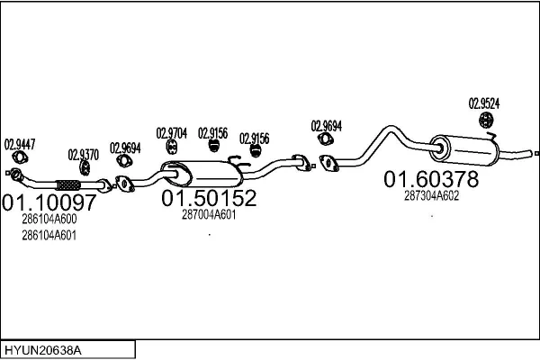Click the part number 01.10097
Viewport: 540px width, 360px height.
click(x=49, y=202)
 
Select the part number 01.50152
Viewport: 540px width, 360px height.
click(x=209, y=198)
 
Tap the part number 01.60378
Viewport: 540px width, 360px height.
click(x=431, y=179)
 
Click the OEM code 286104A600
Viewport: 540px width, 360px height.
click(x=49, y=219)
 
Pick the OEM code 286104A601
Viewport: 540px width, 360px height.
click(x=49, y=236)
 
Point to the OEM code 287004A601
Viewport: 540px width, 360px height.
click(x=209, y=214)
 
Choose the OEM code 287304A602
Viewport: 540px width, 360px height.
click(x=431, y=196)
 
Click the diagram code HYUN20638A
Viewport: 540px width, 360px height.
click(x=43, y=351)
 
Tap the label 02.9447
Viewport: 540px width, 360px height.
click(x=20, y=144)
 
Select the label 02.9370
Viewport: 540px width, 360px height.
click(x=84, y=155)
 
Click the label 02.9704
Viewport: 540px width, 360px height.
click(x=172, y=133)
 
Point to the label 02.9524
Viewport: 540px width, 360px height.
click(x=484, y=103)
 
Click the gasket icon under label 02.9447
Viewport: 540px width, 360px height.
click(x=20, y=157)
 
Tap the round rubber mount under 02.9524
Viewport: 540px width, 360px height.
click(x=486, y=120)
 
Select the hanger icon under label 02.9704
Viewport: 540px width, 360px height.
click(x=172, y=147)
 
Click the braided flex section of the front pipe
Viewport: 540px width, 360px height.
click(x=68, y=185)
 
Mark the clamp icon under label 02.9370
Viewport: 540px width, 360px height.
click(x=85, y=167)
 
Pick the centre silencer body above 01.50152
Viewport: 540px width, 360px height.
click(x=202, y=174)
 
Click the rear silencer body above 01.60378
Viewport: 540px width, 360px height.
click(x=464, y=150)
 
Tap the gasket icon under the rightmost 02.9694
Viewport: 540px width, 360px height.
click(x=325, y=139)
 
